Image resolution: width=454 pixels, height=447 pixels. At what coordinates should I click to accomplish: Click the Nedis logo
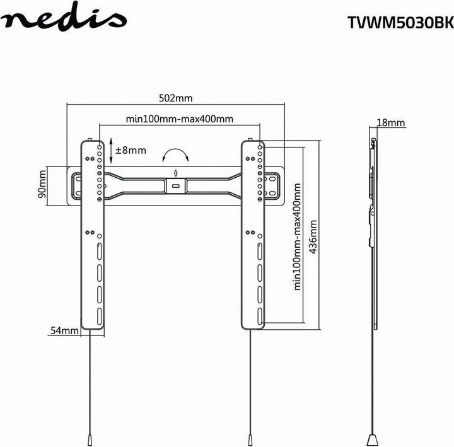coord(64,17)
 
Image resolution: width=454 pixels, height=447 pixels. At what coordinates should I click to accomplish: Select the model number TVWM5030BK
coord(401,23)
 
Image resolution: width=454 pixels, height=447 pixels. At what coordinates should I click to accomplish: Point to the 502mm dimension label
coord(175,98)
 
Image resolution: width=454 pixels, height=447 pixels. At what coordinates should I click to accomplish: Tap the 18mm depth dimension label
coord(391,123)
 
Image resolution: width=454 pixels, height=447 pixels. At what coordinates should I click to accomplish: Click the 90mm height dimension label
coord(42,184)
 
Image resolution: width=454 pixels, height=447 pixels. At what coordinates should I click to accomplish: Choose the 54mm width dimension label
coord(64,330)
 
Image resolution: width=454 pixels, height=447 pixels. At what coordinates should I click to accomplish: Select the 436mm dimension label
coord(313,237)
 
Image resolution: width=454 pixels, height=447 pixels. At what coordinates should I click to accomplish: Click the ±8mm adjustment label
coord(131,150)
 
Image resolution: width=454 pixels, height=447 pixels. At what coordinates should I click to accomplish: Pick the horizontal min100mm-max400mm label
coord(180,119)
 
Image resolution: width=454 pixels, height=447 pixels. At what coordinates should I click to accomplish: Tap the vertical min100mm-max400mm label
coord(298,236)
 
